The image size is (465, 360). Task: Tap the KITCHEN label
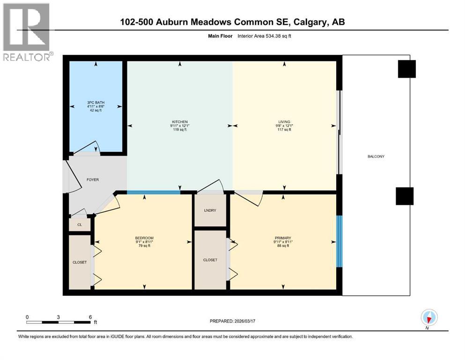pos(179,122)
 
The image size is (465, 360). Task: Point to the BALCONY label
pos(376,156)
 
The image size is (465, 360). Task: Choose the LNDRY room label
pos(210,210)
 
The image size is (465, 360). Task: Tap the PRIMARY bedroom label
pos(282,238)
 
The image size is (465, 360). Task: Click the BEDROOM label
pos(144,238)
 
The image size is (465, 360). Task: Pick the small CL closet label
pos(80,225)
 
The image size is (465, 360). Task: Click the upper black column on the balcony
pos(406,69)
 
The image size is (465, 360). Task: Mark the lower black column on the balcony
pos(405,196)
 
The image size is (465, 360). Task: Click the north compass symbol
pos(429,318)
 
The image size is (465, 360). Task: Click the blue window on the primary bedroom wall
pos(340,241)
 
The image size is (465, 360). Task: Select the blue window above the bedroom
pos(154,192)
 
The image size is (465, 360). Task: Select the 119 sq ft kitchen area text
pos(179,130)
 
